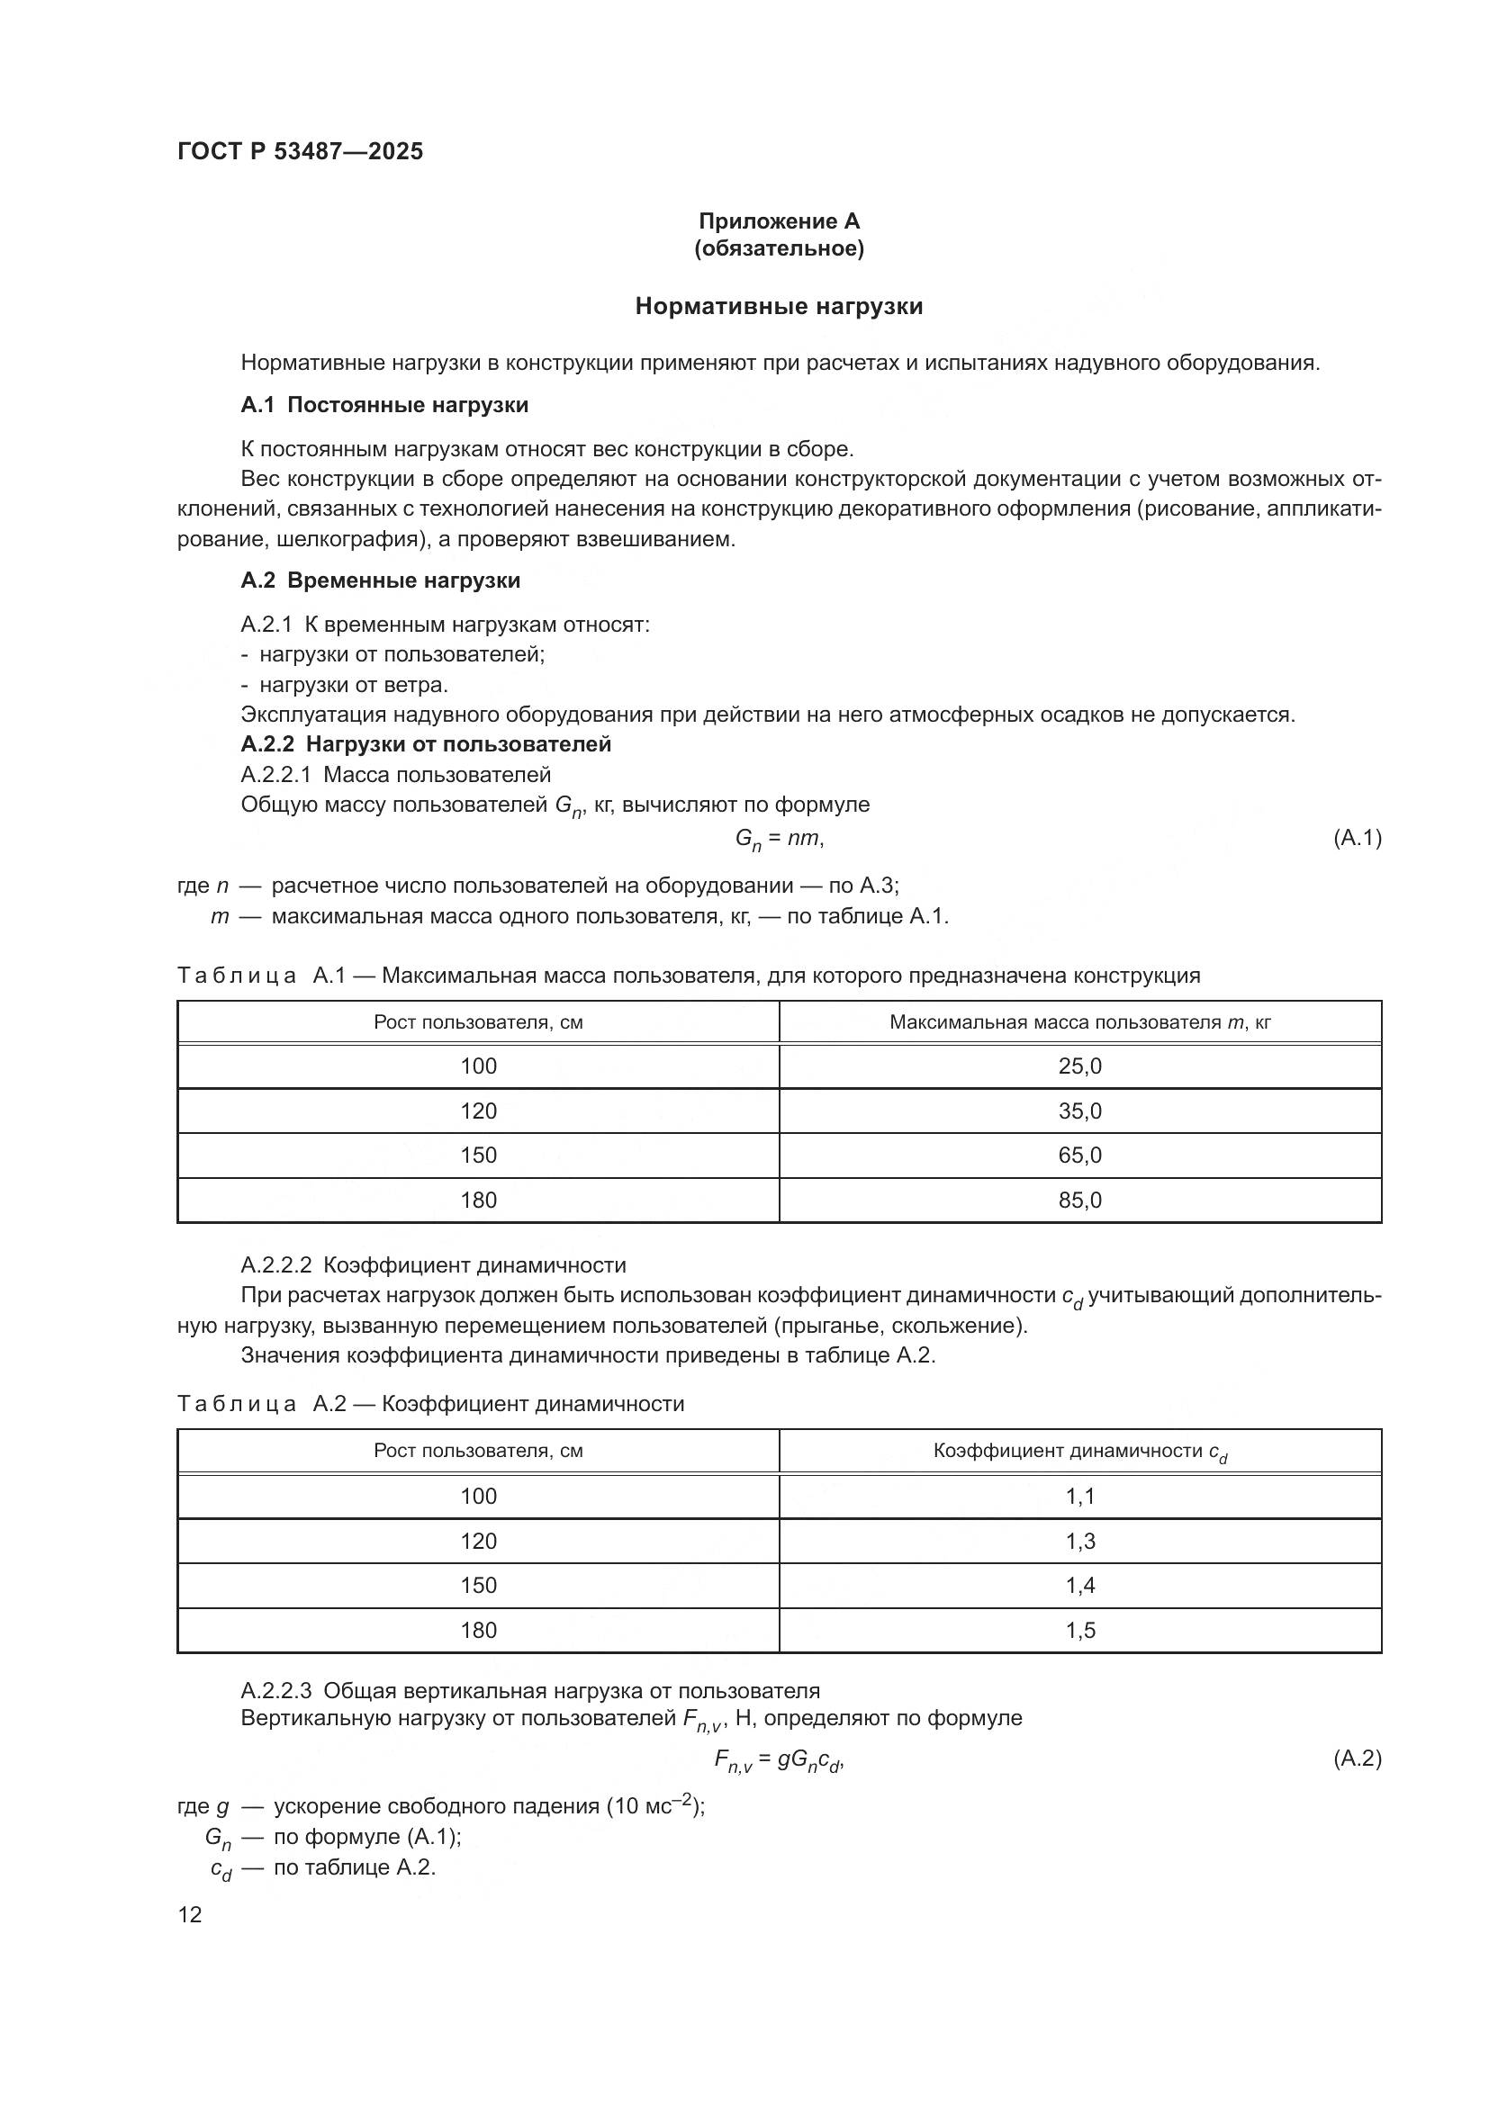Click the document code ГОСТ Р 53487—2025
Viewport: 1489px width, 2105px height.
click(x=300, y=151)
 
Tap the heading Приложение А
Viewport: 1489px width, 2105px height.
click(x=779, y=221)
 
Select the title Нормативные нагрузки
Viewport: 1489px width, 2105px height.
click(x=779, y=306)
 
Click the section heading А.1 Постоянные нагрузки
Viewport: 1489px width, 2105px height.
click(x=384, y=405)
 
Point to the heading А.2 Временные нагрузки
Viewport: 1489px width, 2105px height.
click(x=381, y=580)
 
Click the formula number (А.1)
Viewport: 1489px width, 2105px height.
click(x=1356, y=837)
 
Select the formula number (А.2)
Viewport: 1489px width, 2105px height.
click(x=1356, y=1758)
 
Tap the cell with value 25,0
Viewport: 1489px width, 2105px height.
click(x=1079, y=1066)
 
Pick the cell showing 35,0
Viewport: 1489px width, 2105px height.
click(x=1079, y=1111)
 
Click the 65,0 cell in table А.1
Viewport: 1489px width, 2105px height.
click(x=1079, y=1156)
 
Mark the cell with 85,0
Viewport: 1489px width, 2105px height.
click(x=1079, y=1201)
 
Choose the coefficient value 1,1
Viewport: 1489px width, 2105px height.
click(x=1079, y=1497)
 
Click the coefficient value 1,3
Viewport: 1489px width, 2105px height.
click(x=1079, y=1541)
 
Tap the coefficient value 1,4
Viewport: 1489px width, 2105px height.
click(x=1079, y=1585)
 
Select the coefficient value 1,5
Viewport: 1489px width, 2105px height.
click(x=1079, y=1630)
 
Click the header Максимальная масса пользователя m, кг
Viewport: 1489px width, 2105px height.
click(x=1079, y=1022)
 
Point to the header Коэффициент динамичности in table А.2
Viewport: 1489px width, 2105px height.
click(x=1079, y=1452)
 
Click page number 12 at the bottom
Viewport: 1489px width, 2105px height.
click(x=190, y=1915)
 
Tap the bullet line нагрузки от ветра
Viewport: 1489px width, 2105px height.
click(x=353, y=685)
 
